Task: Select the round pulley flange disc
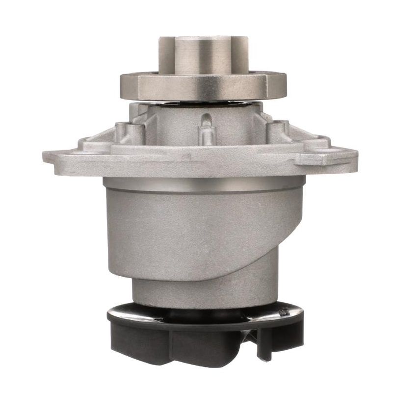pyautogui.click(x=203, y=86)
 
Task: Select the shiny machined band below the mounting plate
pyautogui.click(x=203, y=184)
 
